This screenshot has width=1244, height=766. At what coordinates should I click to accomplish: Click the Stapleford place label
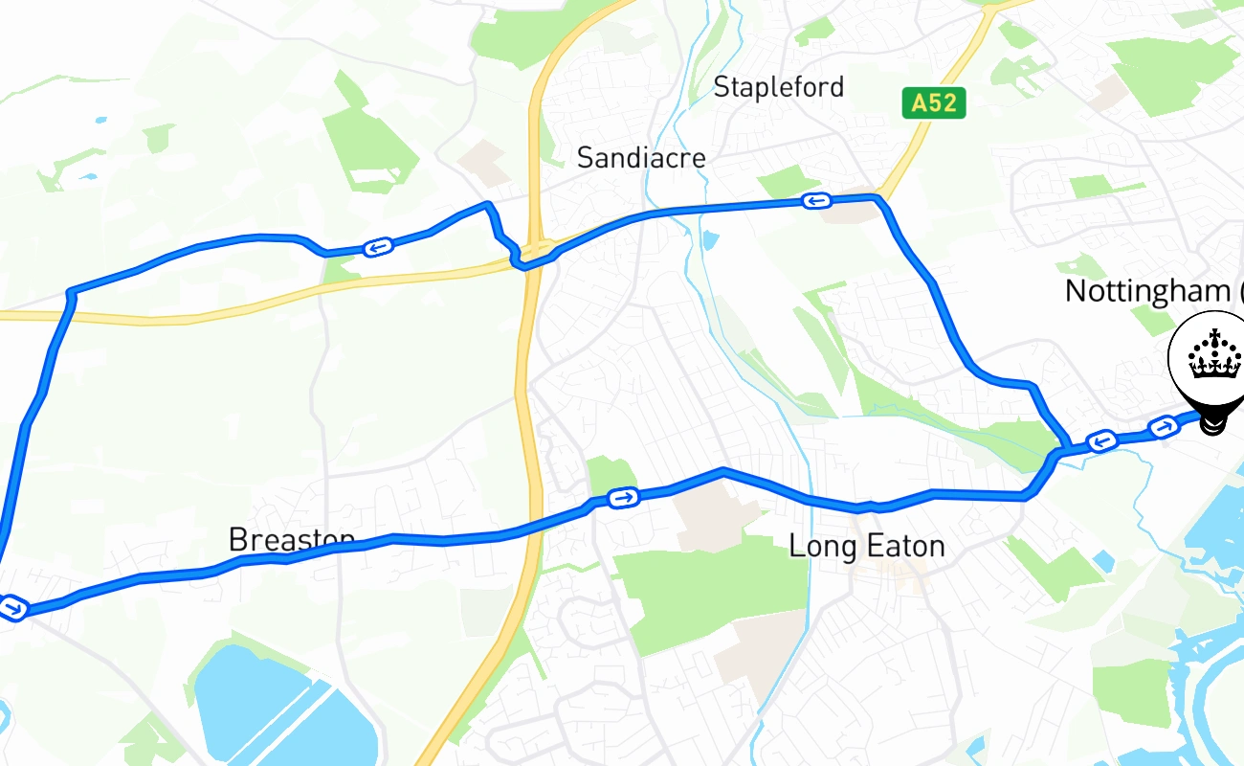(x=778, y=87)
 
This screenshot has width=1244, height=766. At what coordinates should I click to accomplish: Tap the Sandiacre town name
(x=640, y=158)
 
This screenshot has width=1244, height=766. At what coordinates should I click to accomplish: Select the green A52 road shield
(x=934, y=103)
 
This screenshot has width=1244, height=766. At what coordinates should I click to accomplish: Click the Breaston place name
(x=291, y=540)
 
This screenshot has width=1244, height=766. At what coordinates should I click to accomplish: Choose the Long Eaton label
(x=866, y=546)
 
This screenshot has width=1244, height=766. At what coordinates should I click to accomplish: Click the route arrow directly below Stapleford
(x=815, y=200)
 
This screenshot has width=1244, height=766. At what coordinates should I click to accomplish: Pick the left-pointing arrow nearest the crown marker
(x=1102, y=440)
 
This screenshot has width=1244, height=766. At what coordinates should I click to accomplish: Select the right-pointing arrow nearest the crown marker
(x=1164, y=427)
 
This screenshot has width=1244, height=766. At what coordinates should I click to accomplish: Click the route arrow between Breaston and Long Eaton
(x=623, y=497)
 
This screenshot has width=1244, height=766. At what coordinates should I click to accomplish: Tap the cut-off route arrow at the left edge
(x=11, y=607)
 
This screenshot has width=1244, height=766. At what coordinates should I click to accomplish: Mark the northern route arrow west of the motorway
(x=378, y=247)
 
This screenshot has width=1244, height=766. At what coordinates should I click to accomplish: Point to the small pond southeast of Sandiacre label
(x=709, y=239)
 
